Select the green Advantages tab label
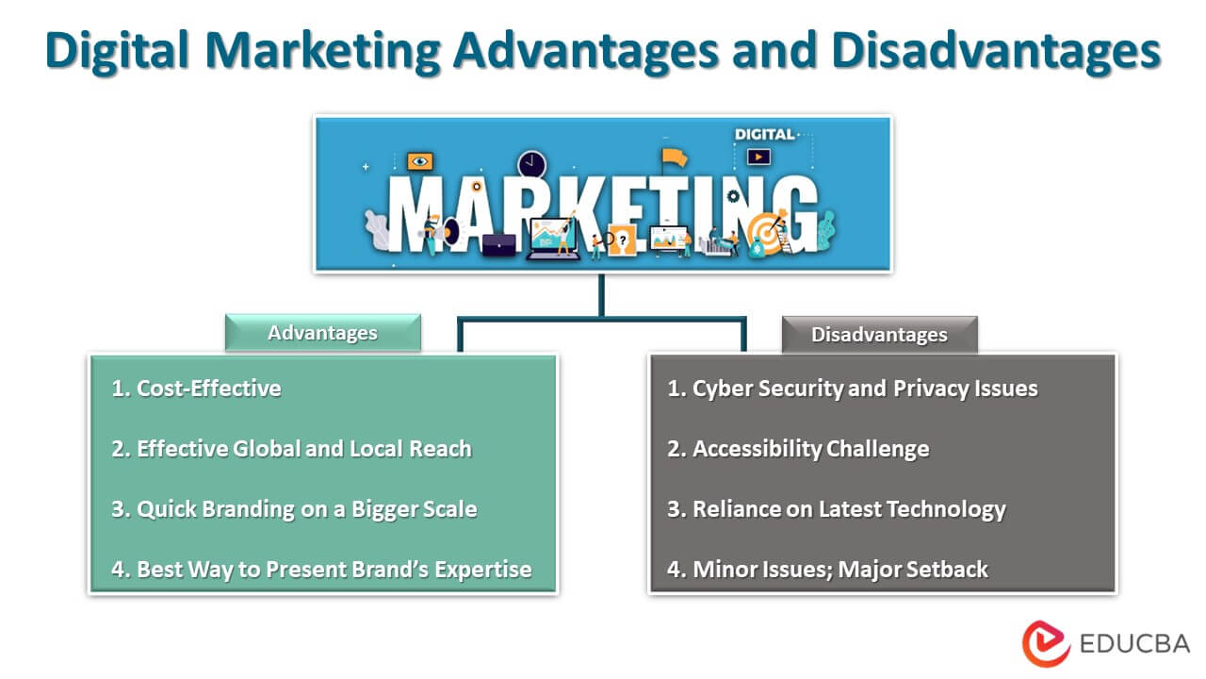click(322, 333)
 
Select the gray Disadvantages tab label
click(879, 335)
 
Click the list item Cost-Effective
click(196, 388)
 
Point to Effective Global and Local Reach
click(291, 449)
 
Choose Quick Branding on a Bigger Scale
click(294, 509)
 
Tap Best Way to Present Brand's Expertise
click(321, 570)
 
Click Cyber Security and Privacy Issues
click(853, 389)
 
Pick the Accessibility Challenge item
click(798, 449)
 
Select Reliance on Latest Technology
click(837, 509)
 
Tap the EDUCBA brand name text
click(1134, 645)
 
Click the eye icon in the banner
click(420, 161)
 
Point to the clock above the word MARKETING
click(531, 163)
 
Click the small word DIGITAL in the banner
click(764, 135)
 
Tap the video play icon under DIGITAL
click(758, 157)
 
